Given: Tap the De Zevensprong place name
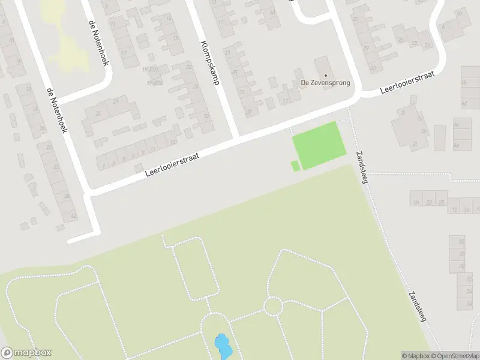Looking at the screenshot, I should click(325, 83).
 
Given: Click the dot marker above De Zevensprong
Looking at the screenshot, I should click(325, 75).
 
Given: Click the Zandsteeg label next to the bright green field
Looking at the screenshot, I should click(363, 164).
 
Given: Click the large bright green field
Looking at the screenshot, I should click(319, 145).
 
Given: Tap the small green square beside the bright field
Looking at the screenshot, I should click(295, 166).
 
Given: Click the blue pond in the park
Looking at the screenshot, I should click(222, 346).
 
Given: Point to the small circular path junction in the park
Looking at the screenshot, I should click(273, 306).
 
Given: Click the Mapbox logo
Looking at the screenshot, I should click(26, 353).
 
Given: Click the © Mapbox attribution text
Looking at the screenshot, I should click(415, 356).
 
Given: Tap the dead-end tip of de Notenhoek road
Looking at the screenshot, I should click(71, 240).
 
